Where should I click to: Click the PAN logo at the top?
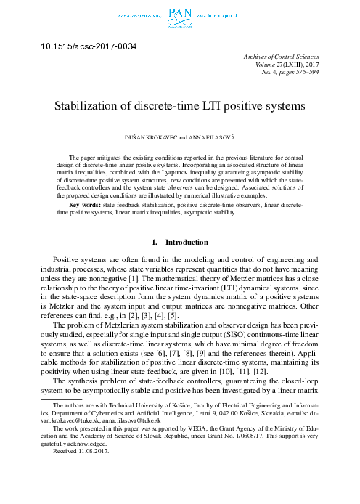pos(179,14)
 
